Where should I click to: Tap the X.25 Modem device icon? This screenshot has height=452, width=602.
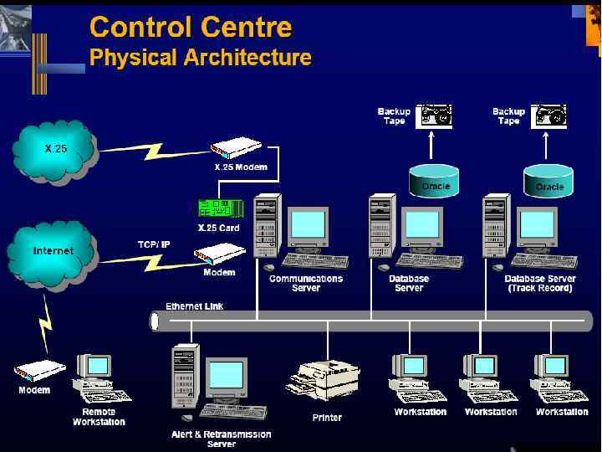point(233,150)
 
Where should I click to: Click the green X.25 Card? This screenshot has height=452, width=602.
point(220,208)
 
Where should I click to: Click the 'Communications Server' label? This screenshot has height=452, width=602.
point(306,283)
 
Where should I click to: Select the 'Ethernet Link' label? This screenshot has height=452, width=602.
point(195,306)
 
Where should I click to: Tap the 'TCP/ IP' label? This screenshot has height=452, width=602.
point(154,244)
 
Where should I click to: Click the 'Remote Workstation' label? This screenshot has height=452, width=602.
point(99,417)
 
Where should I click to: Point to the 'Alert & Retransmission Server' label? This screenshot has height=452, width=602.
point(221,439)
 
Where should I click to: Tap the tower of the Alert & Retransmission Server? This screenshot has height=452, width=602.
point(184,377)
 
